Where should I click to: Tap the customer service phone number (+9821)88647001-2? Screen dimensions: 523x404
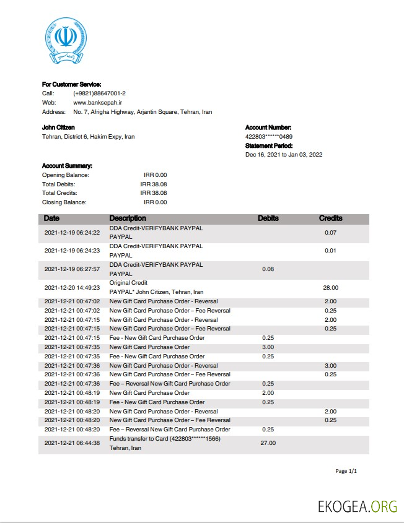pyautogui.click(x=99, y=93)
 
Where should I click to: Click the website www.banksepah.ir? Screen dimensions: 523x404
pyautogui.click(x=97, y=103)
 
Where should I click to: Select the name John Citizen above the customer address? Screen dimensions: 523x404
pyautogui.click(x=58, y=128)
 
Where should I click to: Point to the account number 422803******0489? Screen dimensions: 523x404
pyautogui.click(x=269, y=137)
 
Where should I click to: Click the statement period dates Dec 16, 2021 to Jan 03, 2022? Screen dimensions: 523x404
pyautogui.click(x=284, y=155)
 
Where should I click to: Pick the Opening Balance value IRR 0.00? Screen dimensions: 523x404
pyautogui.click(x=155, y=175)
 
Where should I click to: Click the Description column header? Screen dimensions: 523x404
pyautogui.click(x=128, y=218)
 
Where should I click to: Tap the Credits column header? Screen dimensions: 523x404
pyautogui.click(x=330, y=218)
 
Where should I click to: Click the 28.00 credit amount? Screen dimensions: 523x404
pyautogui.click(x=330, y=287)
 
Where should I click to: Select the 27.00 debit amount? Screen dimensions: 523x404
pyautogui.click(x=268, y=443)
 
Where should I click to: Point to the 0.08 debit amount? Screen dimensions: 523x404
pyautogui.click(x=268, y=269)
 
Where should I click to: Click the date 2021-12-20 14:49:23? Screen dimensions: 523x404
pyautogui.click(x=72, y=287)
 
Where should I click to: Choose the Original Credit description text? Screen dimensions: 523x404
pyautogui.click(x=128, y=283)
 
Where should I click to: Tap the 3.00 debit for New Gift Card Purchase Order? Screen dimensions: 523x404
pyautogui.click(x=268, y=347)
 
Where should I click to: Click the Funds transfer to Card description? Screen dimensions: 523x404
pyautogui.click(x=165, y=439)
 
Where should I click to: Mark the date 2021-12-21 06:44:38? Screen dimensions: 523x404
pyautogui.click(x=72, y=443)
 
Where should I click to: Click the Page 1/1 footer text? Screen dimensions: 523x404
pyautogui.click(x=346, y=472)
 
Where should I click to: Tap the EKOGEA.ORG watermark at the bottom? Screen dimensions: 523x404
pyautogui.click(x=357, y=506)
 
